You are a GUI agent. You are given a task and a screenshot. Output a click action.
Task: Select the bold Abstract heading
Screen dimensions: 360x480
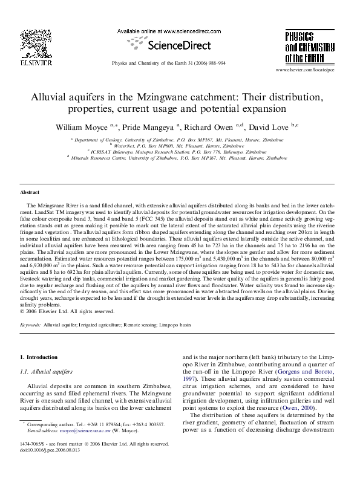tap(30, 192)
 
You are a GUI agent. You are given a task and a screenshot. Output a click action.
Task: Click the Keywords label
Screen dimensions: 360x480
tap(30, 325)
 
